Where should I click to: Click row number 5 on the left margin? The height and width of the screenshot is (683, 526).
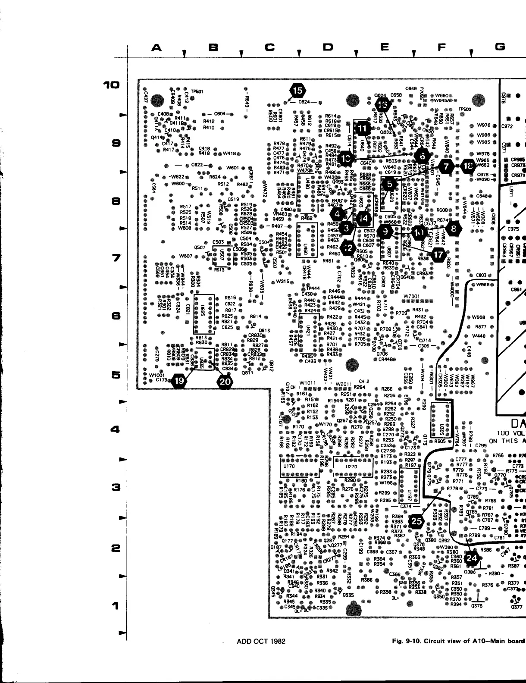115,376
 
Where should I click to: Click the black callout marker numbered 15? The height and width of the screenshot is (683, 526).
297,91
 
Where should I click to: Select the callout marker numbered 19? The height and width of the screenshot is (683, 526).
180,380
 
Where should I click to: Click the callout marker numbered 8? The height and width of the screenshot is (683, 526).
453,229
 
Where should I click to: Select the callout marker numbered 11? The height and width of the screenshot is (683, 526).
362,127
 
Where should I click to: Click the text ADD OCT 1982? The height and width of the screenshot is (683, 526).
261,641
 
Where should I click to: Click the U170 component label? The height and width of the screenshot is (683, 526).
289,466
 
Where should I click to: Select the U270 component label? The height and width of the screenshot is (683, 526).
353,466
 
